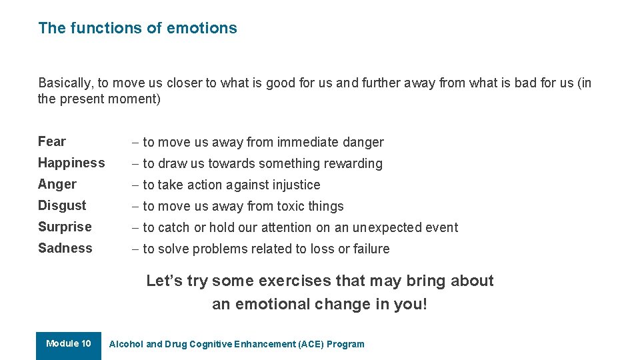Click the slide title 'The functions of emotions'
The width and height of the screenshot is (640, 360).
(x=137, y=28)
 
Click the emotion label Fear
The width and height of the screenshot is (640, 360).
(x=52, y=141)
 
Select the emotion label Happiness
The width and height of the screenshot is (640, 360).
(x=71, y=163)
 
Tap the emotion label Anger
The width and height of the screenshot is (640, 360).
(x=57, y=184)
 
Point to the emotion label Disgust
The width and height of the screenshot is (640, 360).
(x=62, y=205)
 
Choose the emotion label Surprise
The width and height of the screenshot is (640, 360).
(x=65, y=227)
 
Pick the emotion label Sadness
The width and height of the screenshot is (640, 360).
(x=65, y=248)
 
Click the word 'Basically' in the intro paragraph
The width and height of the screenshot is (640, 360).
(x=66, y=83)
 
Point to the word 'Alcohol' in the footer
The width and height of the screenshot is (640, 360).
(x=126, y=344)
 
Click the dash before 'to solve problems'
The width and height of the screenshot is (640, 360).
(x=135, y=249)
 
